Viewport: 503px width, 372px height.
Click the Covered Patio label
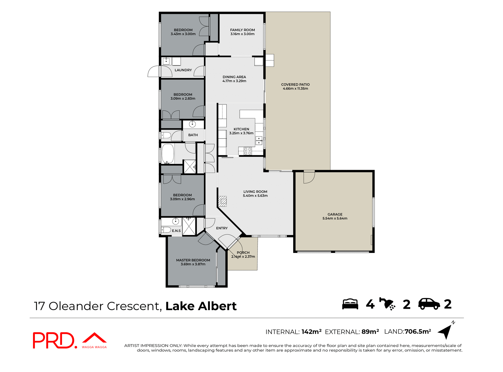click(295, 84)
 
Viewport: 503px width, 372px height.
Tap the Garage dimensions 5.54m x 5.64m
click(335, 219)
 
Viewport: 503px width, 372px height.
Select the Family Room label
click(242, 30)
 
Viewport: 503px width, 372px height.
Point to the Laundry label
click(183, 70)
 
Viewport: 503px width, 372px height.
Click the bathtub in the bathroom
click(168, 154)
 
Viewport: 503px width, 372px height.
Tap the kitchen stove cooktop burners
click(248, 151)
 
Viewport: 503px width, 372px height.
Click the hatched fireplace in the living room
click(222, 201)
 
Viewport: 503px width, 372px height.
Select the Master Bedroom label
click(193, 260)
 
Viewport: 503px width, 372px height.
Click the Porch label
click(243, 253)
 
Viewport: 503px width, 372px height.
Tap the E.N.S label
click(176, 231)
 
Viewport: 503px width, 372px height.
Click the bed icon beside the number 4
click(350, 304)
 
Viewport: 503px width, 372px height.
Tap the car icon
click(429, 304)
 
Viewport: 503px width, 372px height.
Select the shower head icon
click(387, 304)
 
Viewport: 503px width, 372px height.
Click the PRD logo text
click(54, 341)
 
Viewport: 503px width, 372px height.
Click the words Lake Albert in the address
click(201, 306)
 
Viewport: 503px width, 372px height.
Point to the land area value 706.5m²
click(418, 332)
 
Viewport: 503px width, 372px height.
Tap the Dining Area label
click(234, 77)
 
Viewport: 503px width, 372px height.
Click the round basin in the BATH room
click(192, 124)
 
